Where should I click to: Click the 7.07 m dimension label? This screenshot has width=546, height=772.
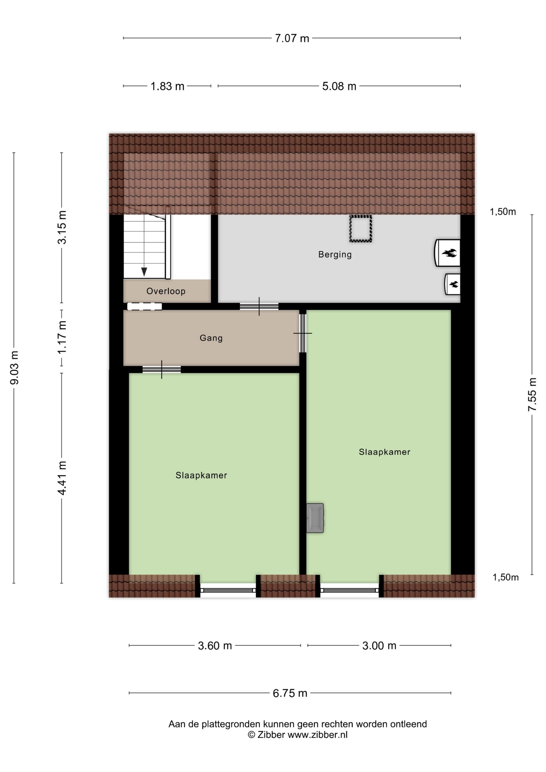292,38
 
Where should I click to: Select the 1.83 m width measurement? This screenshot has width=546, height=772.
167,86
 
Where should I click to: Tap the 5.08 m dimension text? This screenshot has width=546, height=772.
339,86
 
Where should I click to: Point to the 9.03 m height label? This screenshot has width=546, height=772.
14,368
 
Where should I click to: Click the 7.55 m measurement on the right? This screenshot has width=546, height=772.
532,394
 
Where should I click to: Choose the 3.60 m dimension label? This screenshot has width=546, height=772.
215,645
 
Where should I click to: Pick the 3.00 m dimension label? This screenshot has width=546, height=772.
379,645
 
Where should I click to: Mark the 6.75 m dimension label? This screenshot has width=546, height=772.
290,693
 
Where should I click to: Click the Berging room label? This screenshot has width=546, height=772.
335,255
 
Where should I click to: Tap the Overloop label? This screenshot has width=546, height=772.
166,291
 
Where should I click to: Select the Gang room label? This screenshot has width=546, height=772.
211,338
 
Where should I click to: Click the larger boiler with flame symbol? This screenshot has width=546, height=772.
447,253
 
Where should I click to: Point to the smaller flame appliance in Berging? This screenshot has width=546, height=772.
452,284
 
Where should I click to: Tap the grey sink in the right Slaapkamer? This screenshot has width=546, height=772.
315,518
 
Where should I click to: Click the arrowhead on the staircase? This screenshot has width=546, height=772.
144,272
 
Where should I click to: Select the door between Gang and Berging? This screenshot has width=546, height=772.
259,306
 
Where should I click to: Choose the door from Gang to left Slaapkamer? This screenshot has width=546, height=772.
162,370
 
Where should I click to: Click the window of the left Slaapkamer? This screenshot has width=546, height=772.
228,590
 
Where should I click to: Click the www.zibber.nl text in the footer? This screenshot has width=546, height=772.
317,735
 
